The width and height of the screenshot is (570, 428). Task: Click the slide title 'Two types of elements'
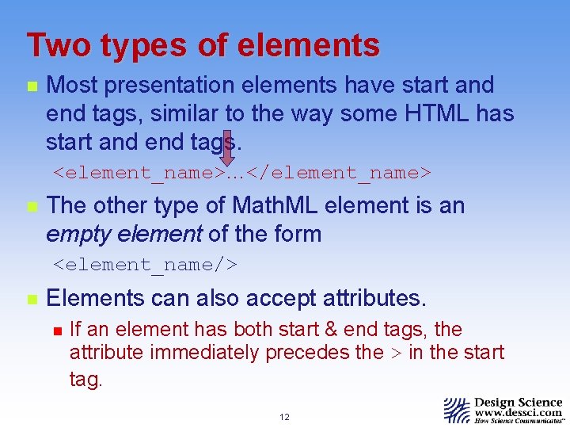[x=203, y=45]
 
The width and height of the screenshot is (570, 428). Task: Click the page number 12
[x=284, y=417]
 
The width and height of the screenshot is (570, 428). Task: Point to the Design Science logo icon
[x=457, y=410]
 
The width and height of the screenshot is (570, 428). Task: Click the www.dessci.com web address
[x=519, y=413]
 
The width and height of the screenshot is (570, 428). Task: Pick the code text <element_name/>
[x=146, y=263]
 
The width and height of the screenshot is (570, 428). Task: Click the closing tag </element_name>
[x=339, y=171]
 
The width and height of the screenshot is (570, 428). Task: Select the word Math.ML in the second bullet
[x=276, y=205]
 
